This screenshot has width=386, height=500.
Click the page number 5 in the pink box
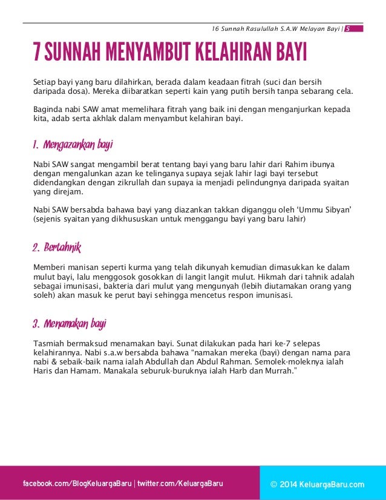pos(348,28)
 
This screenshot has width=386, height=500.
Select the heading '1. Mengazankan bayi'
pos(73,145)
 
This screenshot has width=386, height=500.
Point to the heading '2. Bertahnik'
pos(56,248)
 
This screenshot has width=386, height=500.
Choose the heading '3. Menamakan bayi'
pos(70,324)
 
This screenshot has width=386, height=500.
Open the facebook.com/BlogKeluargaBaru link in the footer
pos(77,484)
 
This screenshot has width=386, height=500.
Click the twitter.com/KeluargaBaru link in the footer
pos(180,484)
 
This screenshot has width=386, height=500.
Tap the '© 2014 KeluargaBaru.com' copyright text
pos(318,484)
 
